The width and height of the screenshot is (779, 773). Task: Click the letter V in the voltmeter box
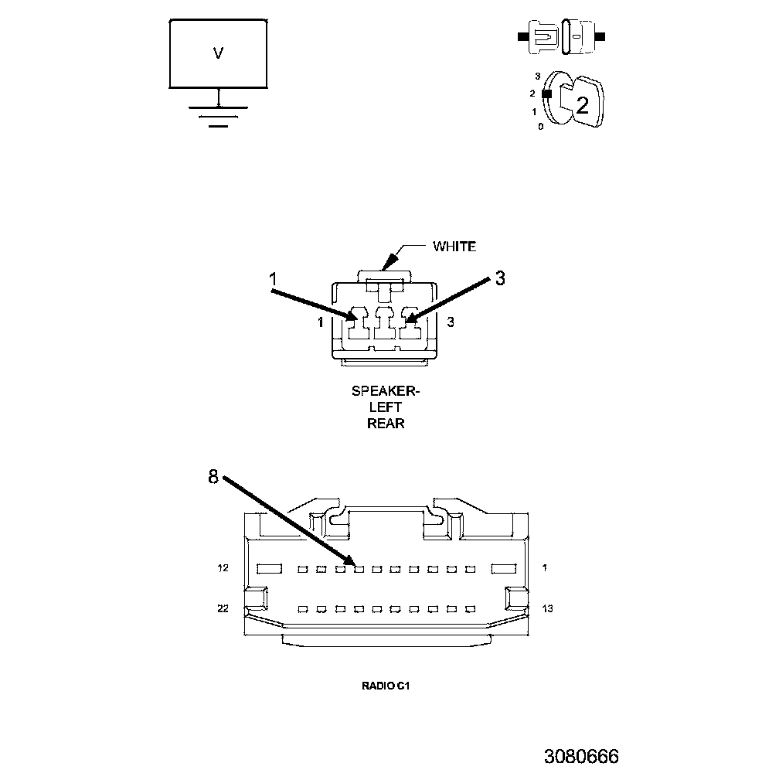point(219,53)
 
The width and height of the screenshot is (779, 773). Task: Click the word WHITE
point(454,247)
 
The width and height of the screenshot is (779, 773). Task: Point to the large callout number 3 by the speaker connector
point(500,278)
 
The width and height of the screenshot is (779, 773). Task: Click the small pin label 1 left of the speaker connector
point(320,323)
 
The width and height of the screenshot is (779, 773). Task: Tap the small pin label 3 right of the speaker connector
point(450,323)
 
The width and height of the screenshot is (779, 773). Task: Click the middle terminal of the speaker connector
point(384,324)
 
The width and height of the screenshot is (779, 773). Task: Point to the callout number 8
point(213,477)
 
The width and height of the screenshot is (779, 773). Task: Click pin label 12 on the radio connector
point(223,569)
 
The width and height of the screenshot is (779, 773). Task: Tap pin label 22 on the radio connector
point(223,609)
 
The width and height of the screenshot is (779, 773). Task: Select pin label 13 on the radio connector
point(547,609)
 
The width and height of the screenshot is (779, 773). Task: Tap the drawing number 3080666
point(581,755)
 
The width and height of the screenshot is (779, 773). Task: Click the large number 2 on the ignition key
point(582,105)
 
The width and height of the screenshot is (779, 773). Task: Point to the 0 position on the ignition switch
point(540,126)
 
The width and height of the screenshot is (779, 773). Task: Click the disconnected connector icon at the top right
point(561,37)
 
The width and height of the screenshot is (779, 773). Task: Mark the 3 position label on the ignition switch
point(537,77)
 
